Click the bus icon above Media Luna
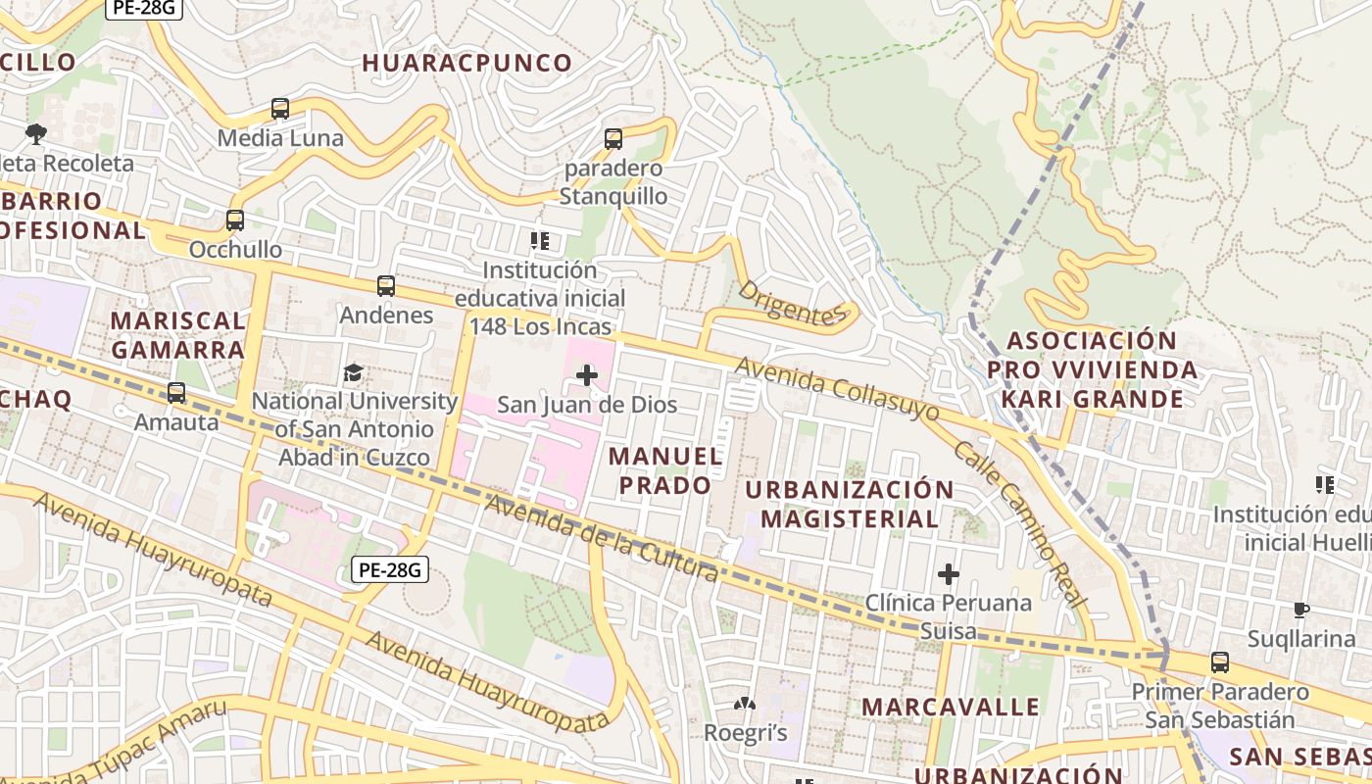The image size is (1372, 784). [x=280, y=109]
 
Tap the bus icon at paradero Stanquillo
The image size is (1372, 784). [x=613, y=139]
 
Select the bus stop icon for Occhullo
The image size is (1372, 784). [x=235, y=220]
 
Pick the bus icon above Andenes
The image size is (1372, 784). [x=386, y=286]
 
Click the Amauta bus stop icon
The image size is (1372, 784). [x=176, y=393]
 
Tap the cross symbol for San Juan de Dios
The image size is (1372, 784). [x=587, y=374]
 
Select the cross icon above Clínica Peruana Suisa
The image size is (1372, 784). [x=948, y=573]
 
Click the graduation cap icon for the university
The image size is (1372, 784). [x=353, y=372]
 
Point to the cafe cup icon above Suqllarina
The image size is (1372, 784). [x=1301, y=610]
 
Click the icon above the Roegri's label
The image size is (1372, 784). [x=745, y=704]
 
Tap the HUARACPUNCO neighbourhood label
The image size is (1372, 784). [x=467, y=64]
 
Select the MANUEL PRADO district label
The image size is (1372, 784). [x=665, y=470]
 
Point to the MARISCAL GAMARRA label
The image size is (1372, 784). [x=177, y=335]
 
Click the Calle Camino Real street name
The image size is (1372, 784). [x=1020, y=523]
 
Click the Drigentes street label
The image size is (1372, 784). [x=790, y=303]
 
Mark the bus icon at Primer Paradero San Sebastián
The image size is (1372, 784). [x=1220, y=662]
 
